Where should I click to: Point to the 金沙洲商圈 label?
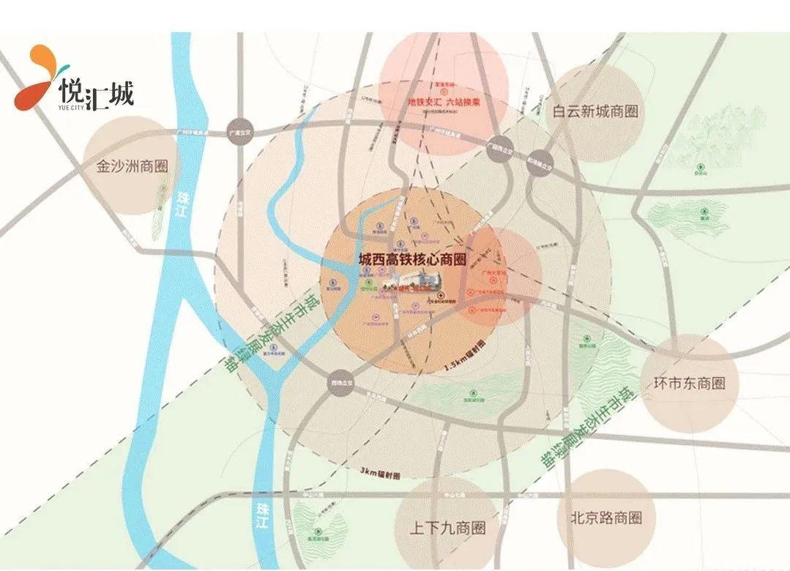pyautogui.click(x=133, y=166)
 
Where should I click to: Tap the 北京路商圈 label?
pyautogui.click(x=605, y=517)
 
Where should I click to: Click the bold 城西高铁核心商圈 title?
pyautogui.click(x=412, y=259)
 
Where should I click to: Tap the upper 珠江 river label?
pyautogui.click(x=183, y=202)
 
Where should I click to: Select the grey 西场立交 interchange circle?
pyautogui.click(x=340, y=384)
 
